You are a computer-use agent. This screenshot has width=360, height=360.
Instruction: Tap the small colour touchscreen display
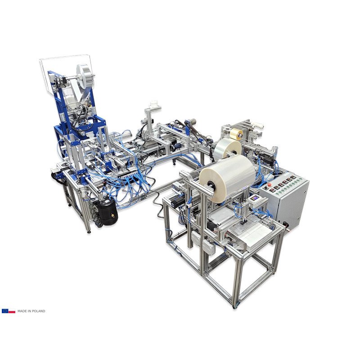click(x=255, y=198)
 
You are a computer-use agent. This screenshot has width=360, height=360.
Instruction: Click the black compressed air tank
click(x=108, y=211)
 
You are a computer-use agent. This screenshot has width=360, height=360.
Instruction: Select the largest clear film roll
click(x=228, y=178)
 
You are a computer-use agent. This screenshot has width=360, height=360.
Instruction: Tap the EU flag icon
click(x=5, y=311)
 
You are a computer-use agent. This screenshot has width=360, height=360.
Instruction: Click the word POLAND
click(x=39, y=311)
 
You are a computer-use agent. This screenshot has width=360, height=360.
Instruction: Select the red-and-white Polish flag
click(x=12, y=311)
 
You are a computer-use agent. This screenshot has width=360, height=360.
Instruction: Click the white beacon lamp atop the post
click(x=154, y=105)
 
